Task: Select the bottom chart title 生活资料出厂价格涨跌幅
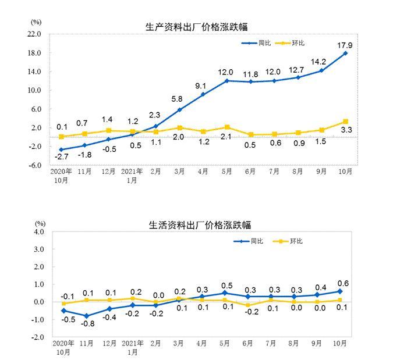click(x=200, y=225)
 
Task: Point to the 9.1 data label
click(x=203, y=84)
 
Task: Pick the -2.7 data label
click(x=61, y=158)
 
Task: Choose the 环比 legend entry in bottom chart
click(x=296, y=241)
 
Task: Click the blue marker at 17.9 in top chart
click(x=345, y=53)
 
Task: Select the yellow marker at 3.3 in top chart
click(x=345, y=122)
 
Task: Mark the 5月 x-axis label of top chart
click(x=226, y=172)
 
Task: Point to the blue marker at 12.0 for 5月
click(x=226, y=80)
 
